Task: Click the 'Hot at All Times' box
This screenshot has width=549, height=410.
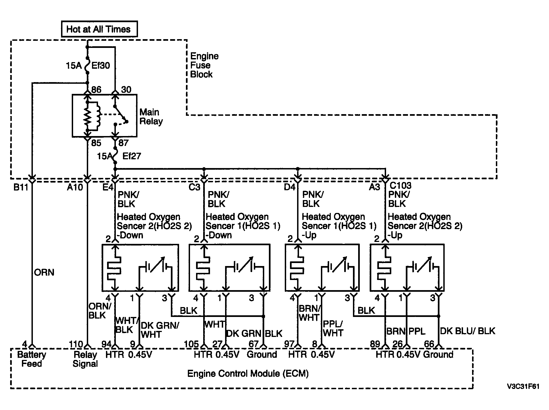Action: (x=99, y=29)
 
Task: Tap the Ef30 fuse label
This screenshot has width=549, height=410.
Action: (x=100, y=65)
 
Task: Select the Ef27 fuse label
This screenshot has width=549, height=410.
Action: (x=131, y=156)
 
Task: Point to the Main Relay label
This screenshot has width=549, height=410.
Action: (x=151, y=117)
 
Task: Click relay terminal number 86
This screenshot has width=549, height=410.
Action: (x=96, y=89)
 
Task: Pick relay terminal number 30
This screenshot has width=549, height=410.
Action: (x=126, y=89)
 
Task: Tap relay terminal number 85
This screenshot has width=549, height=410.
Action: (x=96, y=143)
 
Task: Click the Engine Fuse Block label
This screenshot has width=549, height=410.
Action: (x=204, y=65)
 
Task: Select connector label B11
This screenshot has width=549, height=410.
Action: (x=21, y=187)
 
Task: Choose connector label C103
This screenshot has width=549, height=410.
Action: (x=400, y=185)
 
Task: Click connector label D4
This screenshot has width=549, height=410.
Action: (x=290, y=187)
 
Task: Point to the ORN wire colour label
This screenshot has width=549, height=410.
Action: (x=44, y=272)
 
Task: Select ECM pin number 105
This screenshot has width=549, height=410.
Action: (x=191, y=344)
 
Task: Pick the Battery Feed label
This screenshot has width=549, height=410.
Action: (x=32, y=359)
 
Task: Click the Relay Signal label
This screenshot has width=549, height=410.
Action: (x=85, y=359)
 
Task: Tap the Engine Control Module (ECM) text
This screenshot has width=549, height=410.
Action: (x=248, y=374)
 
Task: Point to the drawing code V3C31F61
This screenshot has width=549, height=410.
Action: (x=523, y=386)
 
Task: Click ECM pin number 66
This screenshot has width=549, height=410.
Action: (x=429, y=344)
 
